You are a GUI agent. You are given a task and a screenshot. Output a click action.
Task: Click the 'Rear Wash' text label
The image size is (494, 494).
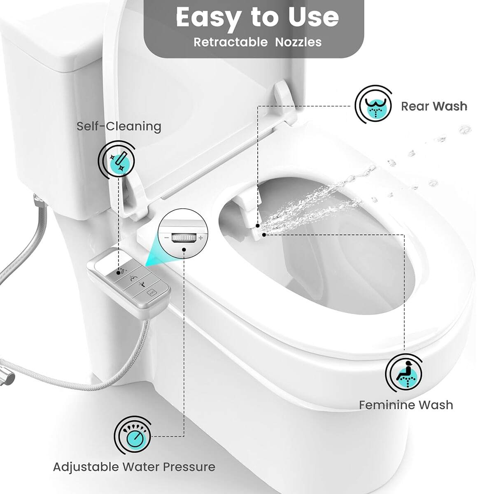point(434,106)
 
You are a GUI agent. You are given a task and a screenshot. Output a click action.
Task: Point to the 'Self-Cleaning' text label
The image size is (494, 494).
point(119,126)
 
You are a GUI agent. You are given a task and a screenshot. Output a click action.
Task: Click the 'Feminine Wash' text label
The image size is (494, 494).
point(405,405)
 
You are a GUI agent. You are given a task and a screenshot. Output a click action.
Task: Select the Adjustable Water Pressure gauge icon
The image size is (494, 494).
point(133,435)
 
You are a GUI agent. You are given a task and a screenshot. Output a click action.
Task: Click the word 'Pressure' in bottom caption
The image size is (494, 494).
point(189,467)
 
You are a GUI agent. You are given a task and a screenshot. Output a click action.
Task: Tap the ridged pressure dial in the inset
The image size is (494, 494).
point(183,238)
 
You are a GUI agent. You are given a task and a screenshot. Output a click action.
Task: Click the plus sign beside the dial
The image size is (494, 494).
point(200,238)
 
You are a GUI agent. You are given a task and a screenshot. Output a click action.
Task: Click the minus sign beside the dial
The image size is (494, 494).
point(166,238)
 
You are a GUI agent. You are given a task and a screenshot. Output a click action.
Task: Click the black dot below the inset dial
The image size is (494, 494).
point(184,256)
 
